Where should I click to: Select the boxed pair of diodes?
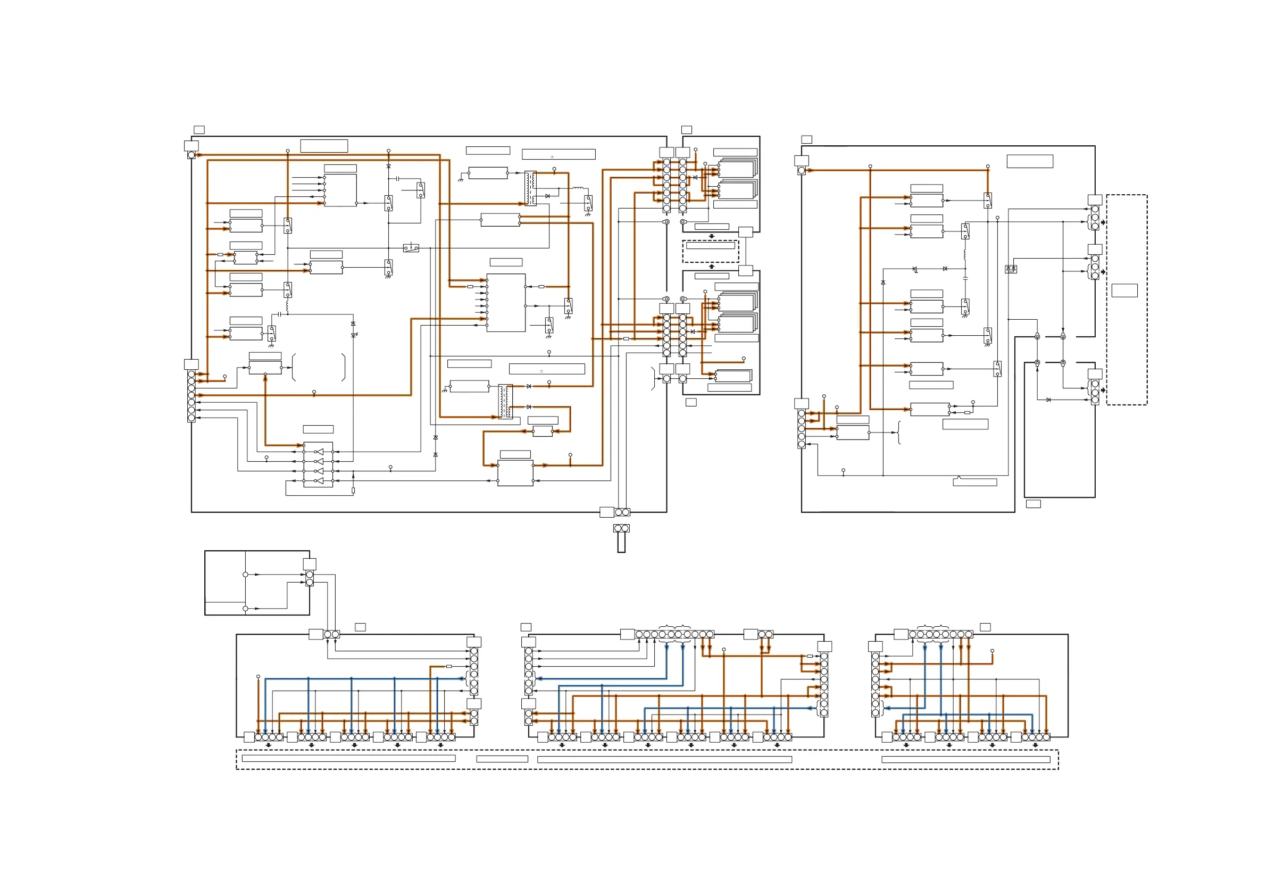(1011, 269)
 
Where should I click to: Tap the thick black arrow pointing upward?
(711, 267)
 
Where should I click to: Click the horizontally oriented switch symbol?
(411, 248)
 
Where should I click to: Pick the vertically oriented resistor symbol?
(353, 490)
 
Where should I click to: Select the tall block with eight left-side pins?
(505, 303)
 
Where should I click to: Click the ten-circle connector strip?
(674, 634)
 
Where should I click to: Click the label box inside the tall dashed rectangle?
(1124, 291)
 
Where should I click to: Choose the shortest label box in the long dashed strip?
(502, 759)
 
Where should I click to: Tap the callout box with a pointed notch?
(974, 482)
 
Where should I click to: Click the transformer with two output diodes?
(505, 401)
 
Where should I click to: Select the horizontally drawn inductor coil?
(578, 188)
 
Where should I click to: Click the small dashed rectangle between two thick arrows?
(710, 251)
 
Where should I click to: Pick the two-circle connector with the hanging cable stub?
(621, 528)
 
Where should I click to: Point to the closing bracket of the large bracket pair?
(344, 367)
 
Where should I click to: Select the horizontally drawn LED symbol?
(915, 269)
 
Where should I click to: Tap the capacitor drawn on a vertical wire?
(965, 278)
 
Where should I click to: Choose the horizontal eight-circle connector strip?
(940, 634)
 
